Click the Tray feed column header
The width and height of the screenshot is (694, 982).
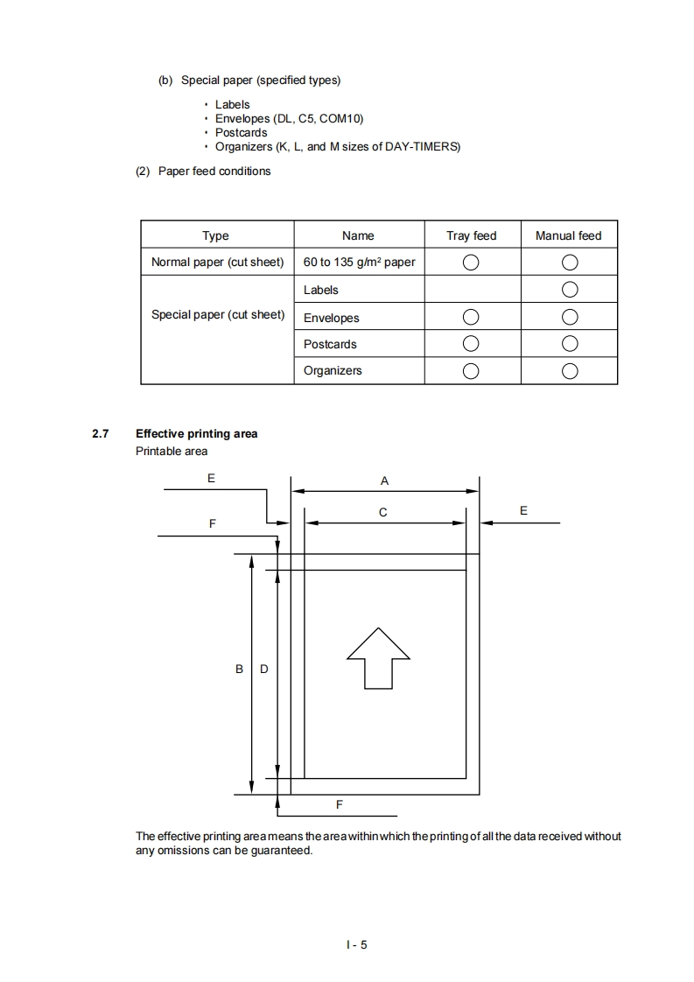[472, 235]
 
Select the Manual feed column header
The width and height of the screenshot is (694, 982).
[568, 235]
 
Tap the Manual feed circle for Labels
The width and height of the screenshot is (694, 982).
[570, 290]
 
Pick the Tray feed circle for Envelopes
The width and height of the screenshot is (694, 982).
[471, 317]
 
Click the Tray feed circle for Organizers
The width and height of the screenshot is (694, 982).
[471, 370]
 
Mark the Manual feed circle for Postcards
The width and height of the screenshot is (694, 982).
[570, 343]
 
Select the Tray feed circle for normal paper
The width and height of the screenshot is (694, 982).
[471, 263]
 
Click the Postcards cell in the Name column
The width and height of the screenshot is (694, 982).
[330, 344]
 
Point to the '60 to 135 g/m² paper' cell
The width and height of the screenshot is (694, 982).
[359, 262]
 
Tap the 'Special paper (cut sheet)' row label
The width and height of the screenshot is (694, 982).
[218, 314]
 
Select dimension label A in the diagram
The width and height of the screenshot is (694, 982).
[384, 480]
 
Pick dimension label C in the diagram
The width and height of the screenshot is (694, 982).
[383, 512]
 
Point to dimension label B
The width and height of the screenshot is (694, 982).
[239, 669]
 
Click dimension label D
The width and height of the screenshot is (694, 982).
[264, 669]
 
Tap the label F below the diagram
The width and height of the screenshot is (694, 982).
[340, 803]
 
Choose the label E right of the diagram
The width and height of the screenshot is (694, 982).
[523, 509]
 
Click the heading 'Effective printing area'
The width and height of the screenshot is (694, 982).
[196, 433]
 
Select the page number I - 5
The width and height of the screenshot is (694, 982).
[356, 944]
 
